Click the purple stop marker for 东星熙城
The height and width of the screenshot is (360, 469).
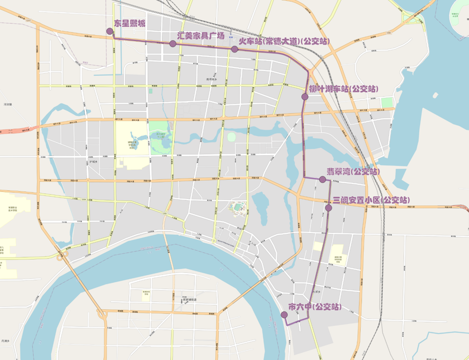pyautogui.click(x=110, y=31)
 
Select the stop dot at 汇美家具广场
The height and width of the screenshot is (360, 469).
pyautogui.click(x=173, y=44)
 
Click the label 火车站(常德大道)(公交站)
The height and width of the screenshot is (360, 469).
pyautogui.click(x=284, y=41)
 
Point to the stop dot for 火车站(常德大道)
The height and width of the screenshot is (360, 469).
pyautogui.click(x=234, y=49)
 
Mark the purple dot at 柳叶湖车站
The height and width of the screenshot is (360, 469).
pyautogui.click(x=305, y=97)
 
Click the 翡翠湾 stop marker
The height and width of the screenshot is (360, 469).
pyautogui.click(x=322, y=180)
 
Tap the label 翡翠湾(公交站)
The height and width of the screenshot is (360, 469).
pyautogui.click(x=353, y=172)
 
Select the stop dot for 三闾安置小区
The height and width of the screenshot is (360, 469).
pyautogui.click(x=328, y=208)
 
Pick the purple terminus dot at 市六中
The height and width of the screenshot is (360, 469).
pyautogui.click(x=284, y=315)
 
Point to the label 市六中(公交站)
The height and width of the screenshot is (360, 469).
pyautogui.click(x=315, y=307)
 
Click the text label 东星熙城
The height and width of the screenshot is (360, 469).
pyautogui.click(x=130, y=23)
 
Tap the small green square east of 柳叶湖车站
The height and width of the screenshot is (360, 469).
pyautogui.click(x=386, y=102)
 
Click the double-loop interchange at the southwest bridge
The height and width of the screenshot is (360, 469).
pyautogui.click(x=61, y=255)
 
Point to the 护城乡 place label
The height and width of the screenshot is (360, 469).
pyautogui.click(x=95, y=162)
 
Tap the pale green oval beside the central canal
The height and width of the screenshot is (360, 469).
pyautogui.click(x=231, y=136)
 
